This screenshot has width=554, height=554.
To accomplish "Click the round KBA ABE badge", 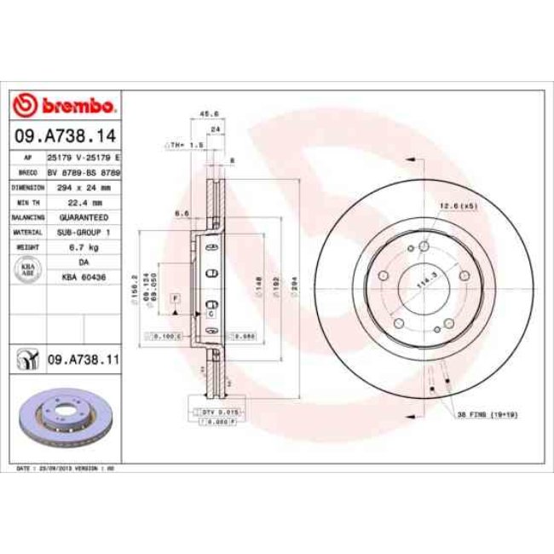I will tap(27, 269).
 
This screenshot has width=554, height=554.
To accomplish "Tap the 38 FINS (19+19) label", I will tap(492, 415).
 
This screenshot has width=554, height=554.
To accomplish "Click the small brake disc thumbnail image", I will tap(65, 418).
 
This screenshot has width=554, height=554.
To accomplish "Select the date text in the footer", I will tap(66, 470).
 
